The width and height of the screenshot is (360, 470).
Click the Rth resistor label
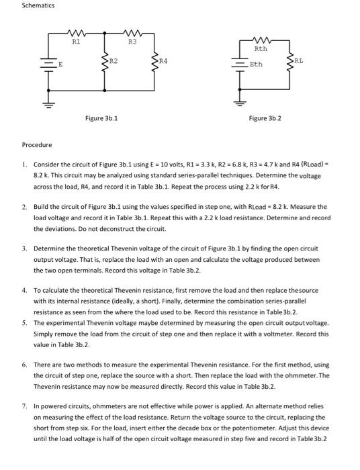coord(261,48)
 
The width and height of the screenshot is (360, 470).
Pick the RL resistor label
coord(299,60)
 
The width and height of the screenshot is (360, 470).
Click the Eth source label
coord(256,65)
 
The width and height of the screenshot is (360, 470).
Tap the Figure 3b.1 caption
coord(102,118)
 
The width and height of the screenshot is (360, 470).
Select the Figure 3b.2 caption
coord(265,118)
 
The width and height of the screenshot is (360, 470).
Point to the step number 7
coord(24,406)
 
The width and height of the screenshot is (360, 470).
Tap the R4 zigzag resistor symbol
coord(157,64)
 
